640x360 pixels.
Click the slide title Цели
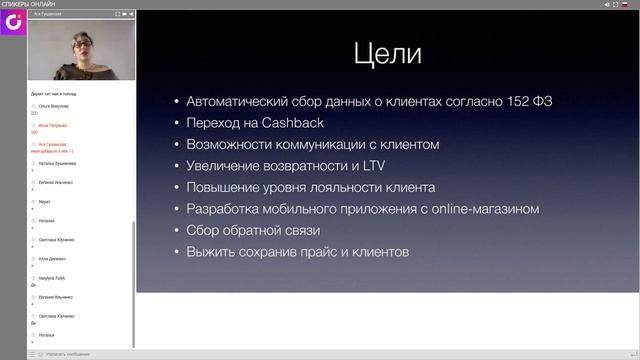[x=387, y=54]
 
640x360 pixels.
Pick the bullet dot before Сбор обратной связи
[x=177, y=231]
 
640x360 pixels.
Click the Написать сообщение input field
[x=70, y=354]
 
